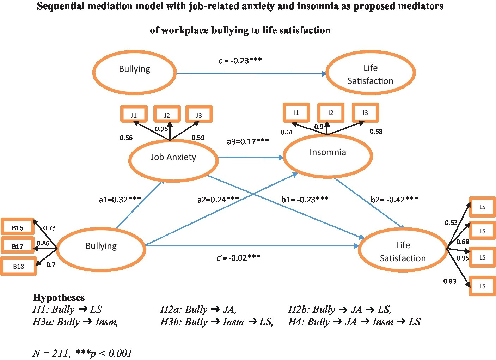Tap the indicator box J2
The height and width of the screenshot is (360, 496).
point(167,115)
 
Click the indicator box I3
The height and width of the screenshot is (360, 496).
point(365,113)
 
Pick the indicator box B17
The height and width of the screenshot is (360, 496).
point(18,246)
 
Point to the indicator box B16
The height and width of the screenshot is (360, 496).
point(18,227)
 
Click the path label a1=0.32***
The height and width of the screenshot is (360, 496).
point(120,200)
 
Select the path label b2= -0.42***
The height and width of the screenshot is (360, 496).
point(394,200)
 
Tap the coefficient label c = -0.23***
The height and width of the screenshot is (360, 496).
point(240,61)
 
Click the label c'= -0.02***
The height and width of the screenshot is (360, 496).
point(238,258)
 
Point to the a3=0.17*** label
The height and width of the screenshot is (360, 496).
point(248,141)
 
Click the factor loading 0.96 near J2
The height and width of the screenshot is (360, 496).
point(161,129)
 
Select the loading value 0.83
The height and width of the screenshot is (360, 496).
point(449,281)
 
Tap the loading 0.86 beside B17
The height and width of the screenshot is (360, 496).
point(43,243)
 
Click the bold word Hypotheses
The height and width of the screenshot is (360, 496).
point(59,298)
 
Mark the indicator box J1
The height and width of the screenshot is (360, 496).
point(134,115)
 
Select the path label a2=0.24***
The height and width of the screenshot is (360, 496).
point(218,200)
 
